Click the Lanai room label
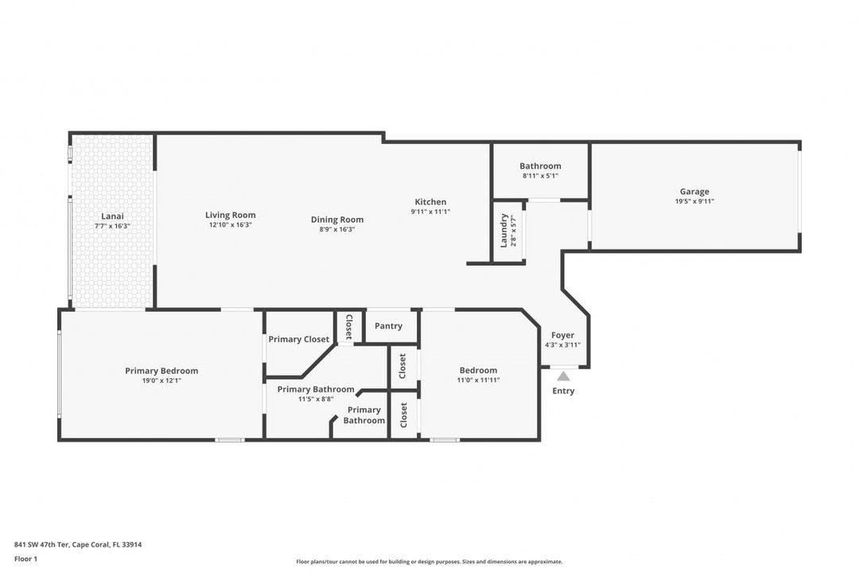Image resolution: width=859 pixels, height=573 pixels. pyautogui.click(x=112, y=216)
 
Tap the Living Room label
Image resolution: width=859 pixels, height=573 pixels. pyautogui.click(x=230, y=215)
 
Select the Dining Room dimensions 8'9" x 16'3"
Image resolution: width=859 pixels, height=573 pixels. pyautogui.click(x=336, y=229)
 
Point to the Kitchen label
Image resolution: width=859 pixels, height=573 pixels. pyautogui.click(x=430, y=202)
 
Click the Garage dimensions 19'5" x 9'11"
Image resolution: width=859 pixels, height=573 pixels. pyautogui.click(x=694, y=201)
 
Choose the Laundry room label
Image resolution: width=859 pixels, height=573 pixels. pyautogui.click(x=504, y=230)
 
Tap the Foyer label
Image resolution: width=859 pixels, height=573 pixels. pyautogui.click(x=562, y=335)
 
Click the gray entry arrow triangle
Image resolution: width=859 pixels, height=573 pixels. pyautogui.click(x=563, y=376)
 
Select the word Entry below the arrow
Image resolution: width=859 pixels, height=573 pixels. pyautogui.click(x=563, y=391)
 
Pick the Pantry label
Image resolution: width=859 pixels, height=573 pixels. pyautogui.click(x=388, y=325)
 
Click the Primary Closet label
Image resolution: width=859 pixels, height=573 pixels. pyautogui.click(x=298, y=339)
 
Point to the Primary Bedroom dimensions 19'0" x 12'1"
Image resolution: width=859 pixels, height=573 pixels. pyautogui.click(x=161, y=380)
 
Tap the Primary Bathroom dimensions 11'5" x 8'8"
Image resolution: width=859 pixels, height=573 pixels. pyautogui.click(x=316, y=399)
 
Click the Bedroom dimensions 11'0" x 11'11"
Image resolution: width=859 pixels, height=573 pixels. pyautogui.click(x=478, y=380)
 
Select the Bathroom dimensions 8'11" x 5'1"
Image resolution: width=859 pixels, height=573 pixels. pyautogui.click(x=540, y=176)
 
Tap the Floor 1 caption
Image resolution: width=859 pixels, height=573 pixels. pyautogui.click(x=25, y=559)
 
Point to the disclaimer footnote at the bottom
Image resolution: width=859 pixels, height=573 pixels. pyautogui.click(x=429, y=562)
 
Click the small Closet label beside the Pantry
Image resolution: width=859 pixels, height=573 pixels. pyautogui.click(x=348, y=326)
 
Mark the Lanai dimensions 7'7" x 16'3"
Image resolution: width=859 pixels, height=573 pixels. pyautogui.click(x=112, y=226)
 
